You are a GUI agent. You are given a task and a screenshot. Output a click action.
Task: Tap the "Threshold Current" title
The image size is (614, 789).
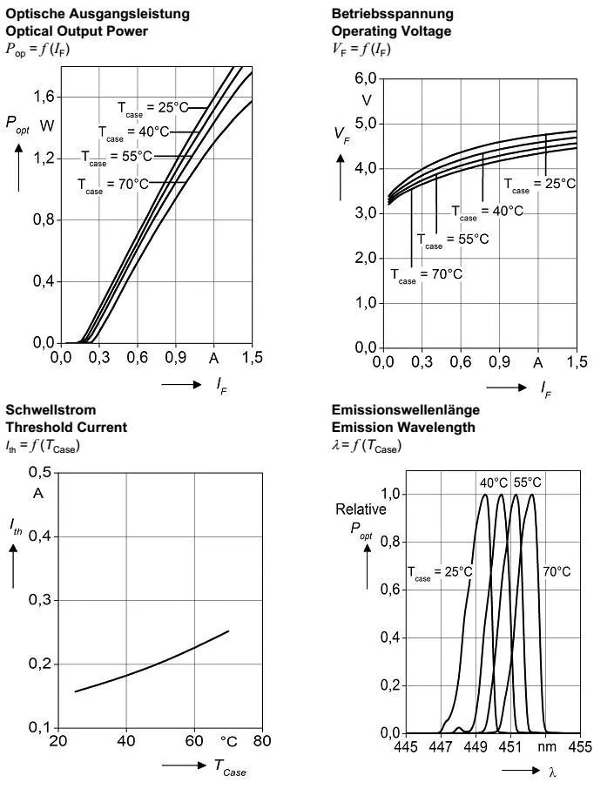66,428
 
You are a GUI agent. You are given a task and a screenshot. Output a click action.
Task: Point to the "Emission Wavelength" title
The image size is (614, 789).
403,428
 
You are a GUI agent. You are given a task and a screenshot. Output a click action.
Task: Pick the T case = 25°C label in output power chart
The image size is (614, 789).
152,107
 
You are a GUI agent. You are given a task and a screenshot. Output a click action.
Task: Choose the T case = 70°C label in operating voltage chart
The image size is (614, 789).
426,274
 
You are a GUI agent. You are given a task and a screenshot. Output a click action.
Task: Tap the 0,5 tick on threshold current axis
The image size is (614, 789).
40,473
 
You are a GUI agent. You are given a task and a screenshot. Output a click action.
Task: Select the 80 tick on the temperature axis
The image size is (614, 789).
261,741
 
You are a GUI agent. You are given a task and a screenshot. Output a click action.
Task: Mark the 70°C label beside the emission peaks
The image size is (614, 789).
557,571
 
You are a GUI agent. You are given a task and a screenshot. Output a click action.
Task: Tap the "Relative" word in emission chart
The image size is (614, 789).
361,509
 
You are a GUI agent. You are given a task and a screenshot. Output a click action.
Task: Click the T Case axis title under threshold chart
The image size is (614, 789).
230,766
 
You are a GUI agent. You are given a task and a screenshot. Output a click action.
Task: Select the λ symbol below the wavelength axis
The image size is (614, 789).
552,771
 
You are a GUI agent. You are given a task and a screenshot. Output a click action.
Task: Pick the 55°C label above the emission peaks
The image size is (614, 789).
527,482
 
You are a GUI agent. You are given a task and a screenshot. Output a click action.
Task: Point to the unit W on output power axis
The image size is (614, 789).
47,126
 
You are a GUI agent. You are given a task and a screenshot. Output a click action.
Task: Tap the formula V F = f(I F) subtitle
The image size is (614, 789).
361,50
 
